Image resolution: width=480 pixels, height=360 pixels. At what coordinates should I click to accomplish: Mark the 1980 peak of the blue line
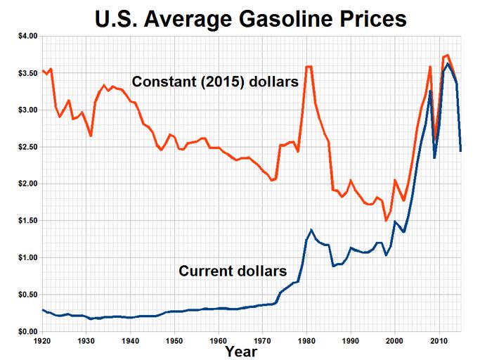[311, 230]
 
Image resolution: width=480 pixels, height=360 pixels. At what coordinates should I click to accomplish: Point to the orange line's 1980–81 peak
[309, 67]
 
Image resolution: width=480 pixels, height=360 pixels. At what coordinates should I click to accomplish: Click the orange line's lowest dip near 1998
[386, 220]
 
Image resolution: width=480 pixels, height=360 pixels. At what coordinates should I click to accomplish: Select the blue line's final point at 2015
[460, 151]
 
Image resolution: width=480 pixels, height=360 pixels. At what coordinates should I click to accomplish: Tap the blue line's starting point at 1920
[43, 309]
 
